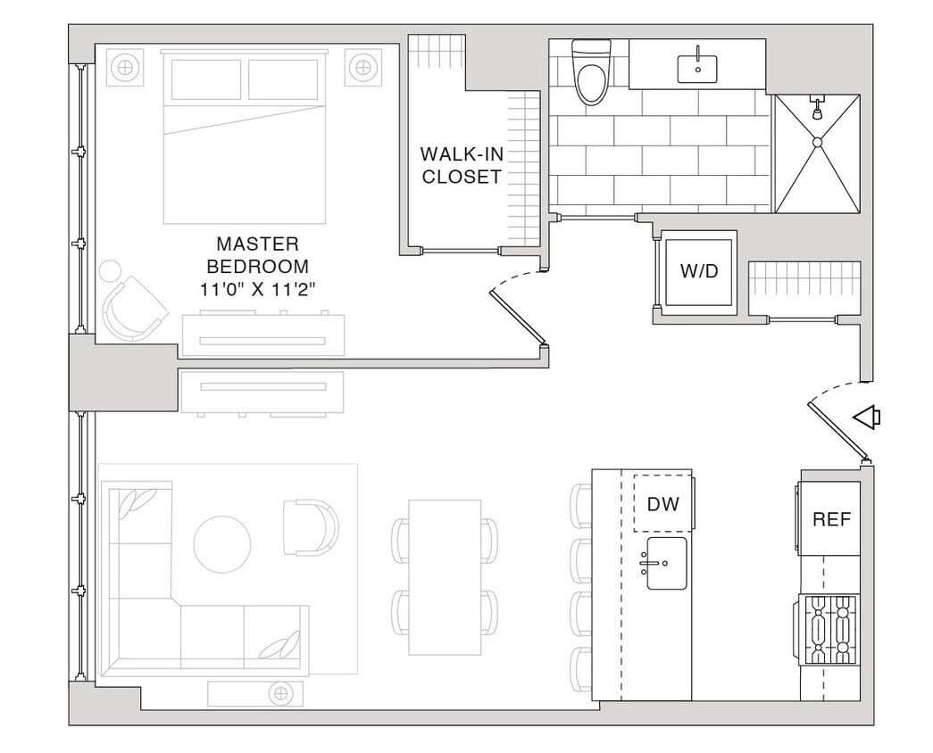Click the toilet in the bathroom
tap(590, 74)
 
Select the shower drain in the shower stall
tap(816, 141)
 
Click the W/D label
tap(698, 271)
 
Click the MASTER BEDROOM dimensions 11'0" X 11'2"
tap(258, 289)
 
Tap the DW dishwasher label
tap(662, 504)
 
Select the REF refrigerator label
tap(830, 518)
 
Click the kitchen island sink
tap(666, 563)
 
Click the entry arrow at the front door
tap(866, 417)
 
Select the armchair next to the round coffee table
tap(310, 527)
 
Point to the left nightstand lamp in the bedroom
tap(126, 67)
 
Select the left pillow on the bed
tap(206, 80)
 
